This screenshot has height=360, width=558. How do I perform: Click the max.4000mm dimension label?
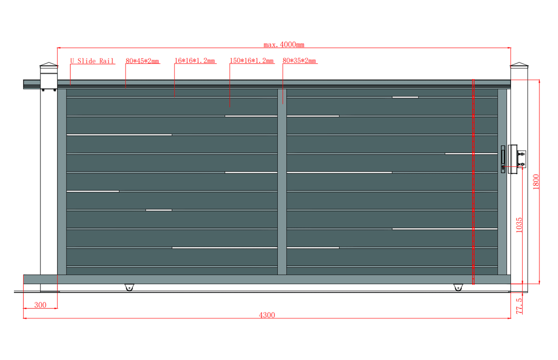(284, 45)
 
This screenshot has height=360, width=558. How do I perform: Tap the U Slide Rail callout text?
(92, 61)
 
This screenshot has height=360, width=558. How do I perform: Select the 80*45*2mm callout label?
(142, 61)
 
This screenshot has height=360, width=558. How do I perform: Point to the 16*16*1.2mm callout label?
(194, 61)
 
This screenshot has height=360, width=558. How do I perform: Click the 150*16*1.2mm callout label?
(252, 61)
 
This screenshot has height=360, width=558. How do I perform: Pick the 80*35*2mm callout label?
(299, 61)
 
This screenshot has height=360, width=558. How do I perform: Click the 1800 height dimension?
(536, 182)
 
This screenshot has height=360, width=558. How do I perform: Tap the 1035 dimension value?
(519, 225)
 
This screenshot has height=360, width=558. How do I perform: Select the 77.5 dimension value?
(519, 306)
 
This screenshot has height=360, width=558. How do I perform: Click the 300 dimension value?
(40, 305)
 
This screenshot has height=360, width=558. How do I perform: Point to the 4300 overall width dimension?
(267, 315)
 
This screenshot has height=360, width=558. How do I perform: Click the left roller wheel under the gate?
(129, 287)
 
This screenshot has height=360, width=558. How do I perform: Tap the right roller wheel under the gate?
(458, 287)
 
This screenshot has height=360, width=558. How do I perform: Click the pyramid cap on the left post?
(49, 65)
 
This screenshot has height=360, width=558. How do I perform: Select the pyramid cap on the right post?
(519, 65)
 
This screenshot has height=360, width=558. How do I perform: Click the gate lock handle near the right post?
(503, 159)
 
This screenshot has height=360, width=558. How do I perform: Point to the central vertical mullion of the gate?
(282, 182)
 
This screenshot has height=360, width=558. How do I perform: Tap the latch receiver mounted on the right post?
(517, 159)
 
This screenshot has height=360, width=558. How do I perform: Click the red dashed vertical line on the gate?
(473, 182)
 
